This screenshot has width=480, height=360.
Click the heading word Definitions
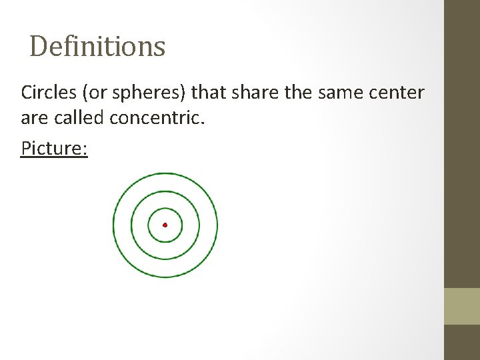97,47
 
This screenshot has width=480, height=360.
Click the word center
398,93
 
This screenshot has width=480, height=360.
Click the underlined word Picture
54,147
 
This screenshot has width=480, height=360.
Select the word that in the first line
209,92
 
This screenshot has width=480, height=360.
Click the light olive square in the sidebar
461,306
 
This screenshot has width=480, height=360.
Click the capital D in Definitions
39,47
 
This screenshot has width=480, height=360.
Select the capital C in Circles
27,92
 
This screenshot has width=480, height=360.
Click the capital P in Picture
26,147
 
